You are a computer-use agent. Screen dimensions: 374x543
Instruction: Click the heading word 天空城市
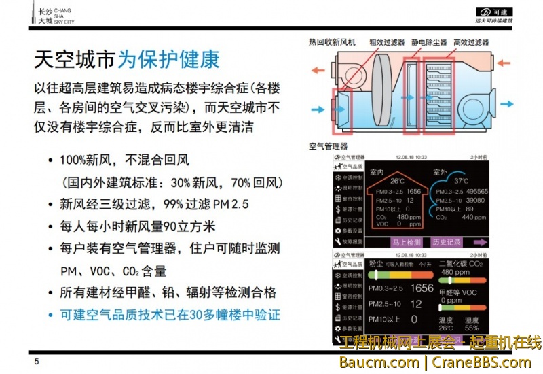[75, 60]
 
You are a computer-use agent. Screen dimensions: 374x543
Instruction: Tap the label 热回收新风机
[332, 42]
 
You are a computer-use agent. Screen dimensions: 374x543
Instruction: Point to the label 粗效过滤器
[387, 42]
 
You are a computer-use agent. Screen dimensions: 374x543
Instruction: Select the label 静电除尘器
[429, 42]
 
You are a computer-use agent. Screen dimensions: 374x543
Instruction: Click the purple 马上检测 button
[407, 241]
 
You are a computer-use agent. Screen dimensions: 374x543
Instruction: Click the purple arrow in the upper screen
[481, 241]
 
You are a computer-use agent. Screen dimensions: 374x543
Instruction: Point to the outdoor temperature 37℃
[461, 182]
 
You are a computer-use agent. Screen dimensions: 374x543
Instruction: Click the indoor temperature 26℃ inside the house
[397, 182]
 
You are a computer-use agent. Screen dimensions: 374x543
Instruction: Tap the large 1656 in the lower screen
[422, 288]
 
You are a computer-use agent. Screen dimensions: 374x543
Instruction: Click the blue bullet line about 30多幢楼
[170, 315]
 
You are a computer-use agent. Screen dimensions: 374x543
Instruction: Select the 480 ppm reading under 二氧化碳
[455, 272]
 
